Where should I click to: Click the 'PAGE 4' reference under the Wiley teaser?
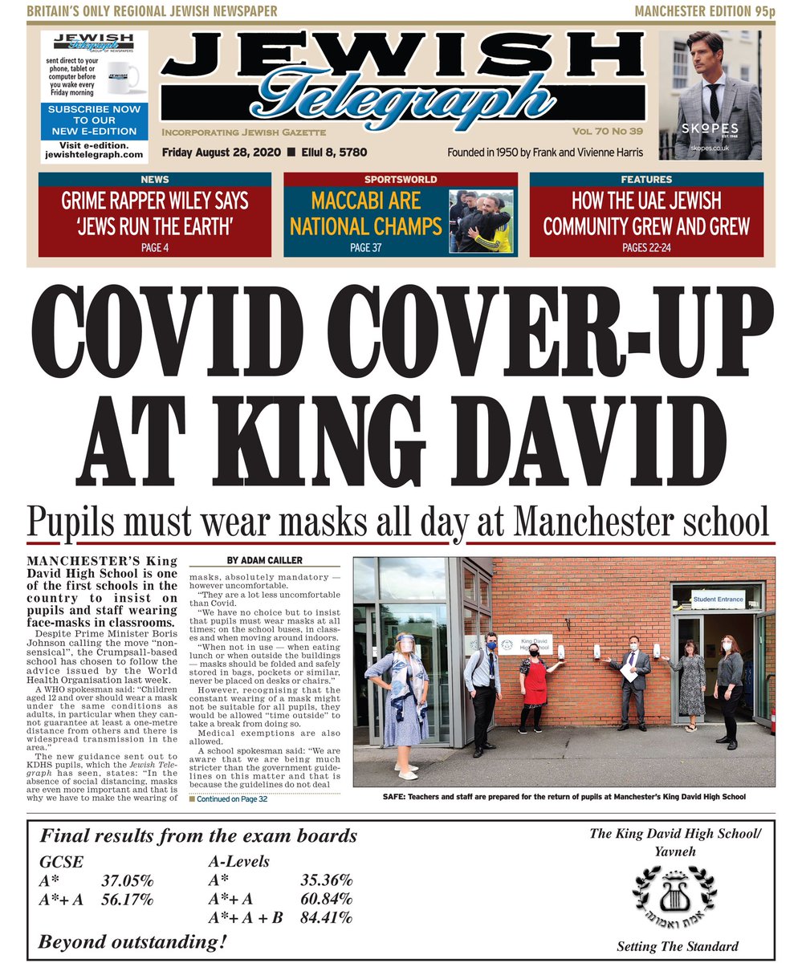(155, 248)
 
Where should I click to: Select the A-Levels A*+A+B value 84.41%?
(326, 917)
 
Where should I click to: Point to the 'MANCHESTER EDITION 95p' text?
(703, 10)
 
